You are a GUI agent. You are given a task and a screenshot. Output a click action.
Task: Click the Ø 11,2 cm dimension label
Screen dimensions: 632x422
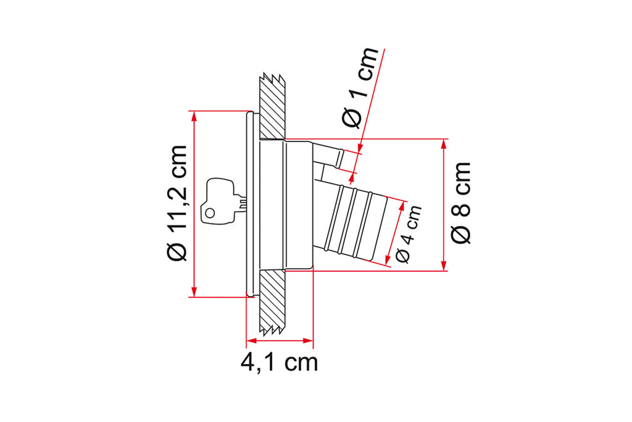[x=177, y=203]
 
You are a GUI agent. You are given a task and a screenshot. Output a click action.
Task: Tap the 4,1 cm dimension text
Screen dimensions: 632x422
[x=280, y=363]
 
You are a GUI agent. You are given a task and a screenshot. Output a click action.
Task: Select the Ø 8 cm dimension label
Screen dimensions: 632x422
[x=460, y=203]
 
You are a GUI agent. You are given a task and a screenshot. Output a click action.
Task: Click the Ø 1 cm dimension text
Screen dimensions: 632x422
[x=360, y=88]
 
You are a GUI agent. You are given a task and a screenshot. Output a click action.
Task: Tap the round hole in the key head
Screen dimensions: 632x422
[x=210, y=213]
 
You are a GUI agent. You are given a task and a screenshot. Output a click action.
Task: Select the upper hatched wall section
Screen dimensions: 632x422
[x=272, y=107]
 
